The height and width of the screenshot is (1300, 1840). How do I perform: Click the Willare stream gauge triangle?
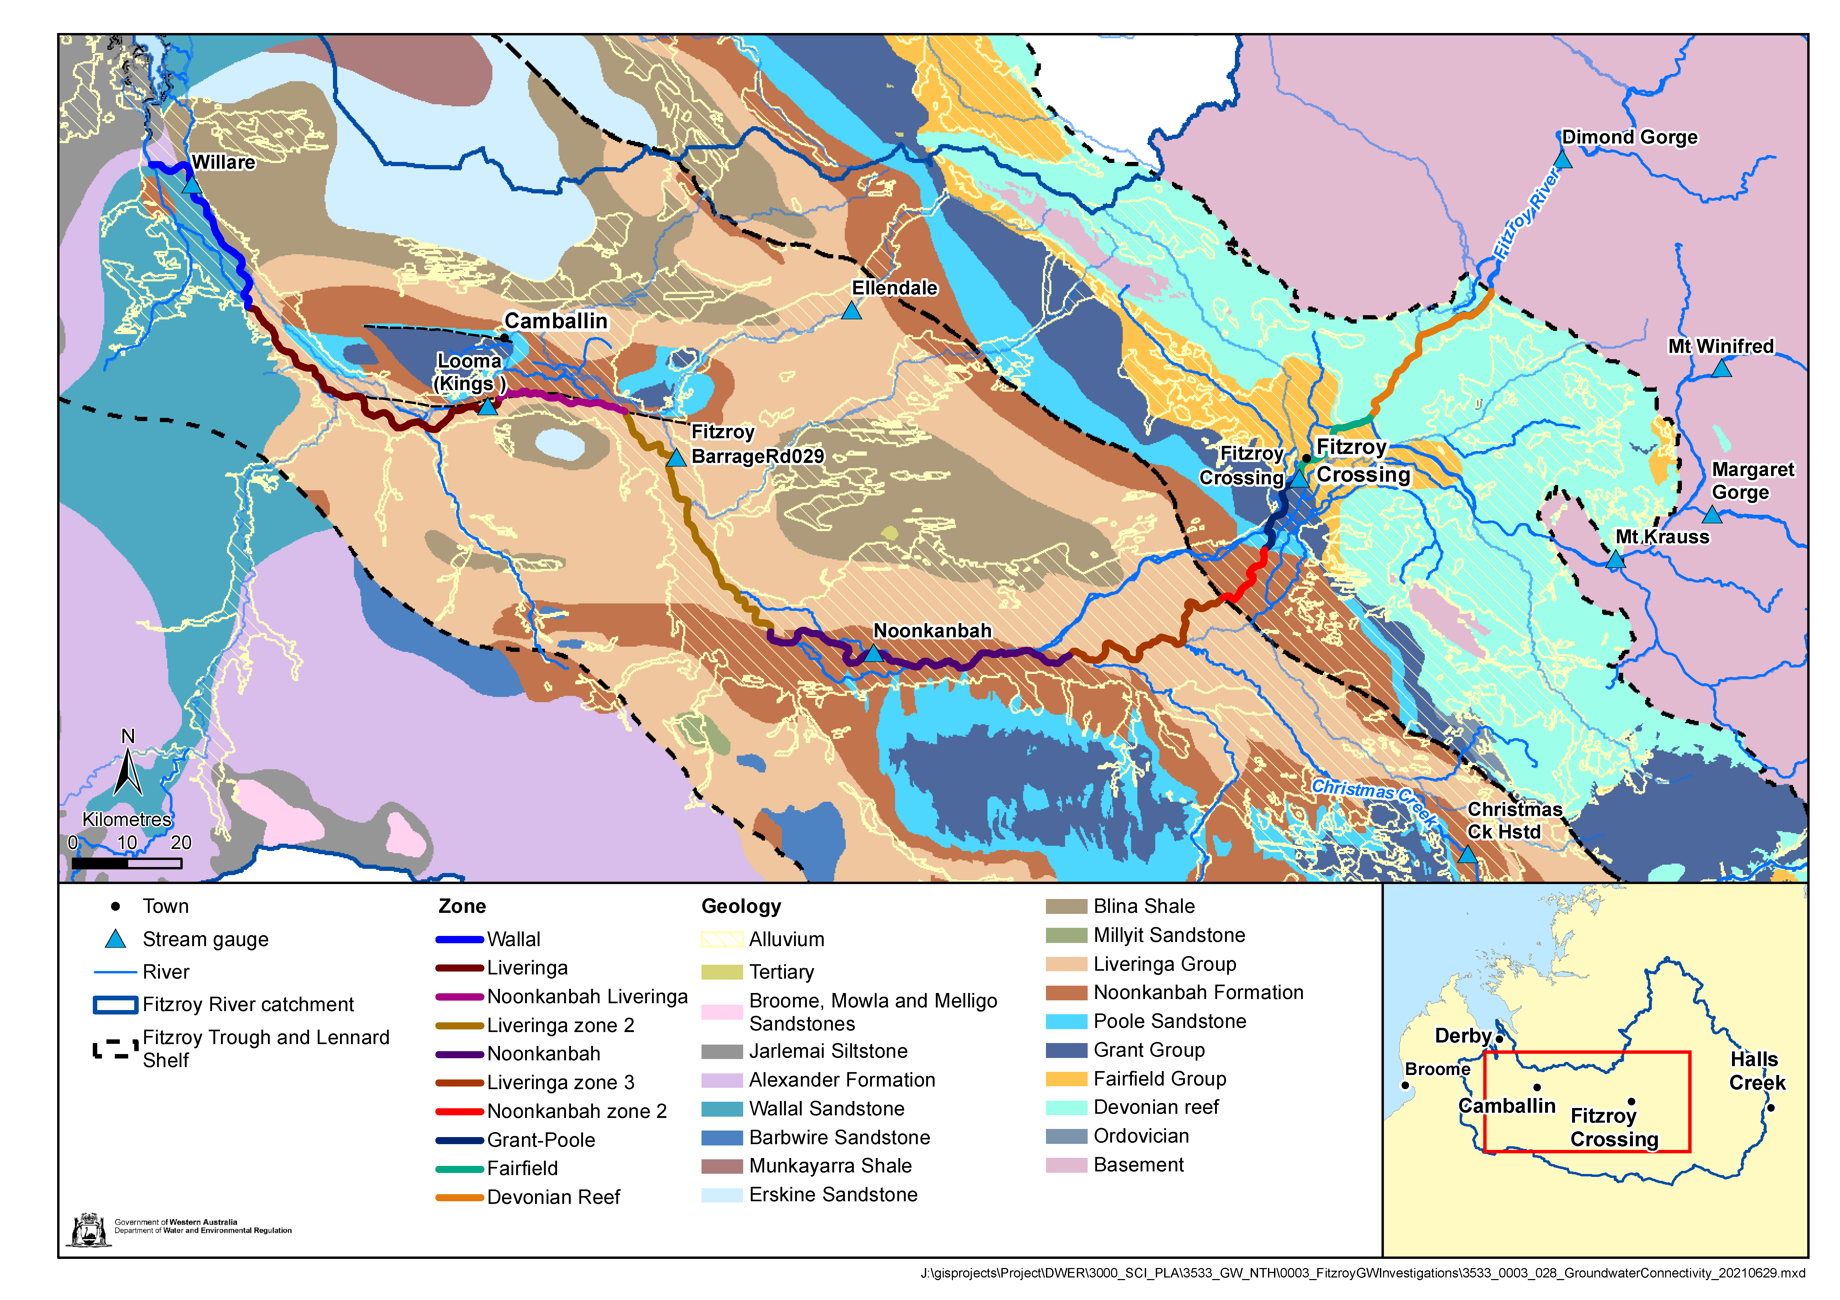tap(191, 185)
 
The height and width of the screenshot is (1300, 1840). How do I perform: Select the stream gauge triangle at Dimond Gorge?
tap(1563, 160)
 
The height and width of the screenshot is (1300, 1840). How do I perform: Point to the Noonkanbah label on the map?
tap(932, 631)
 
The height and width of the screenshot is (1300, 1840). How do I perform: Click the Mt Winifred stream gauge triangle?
tap(1722, 369)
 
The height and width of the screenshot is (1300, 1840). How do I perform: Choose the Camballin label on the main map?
tap(555, 321)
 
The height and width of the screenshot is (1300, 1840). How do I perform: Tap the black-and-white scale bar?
tap(127, 863)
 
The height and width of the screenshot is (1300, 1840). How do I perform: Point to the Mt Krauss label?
tap(1662, 537)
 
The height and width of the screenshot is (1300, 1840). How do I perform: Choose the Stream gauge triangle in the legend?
tap(116, 939)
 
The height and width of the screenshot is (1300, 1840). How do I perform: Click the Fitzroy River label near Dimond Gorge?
tap(1527, 214)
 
